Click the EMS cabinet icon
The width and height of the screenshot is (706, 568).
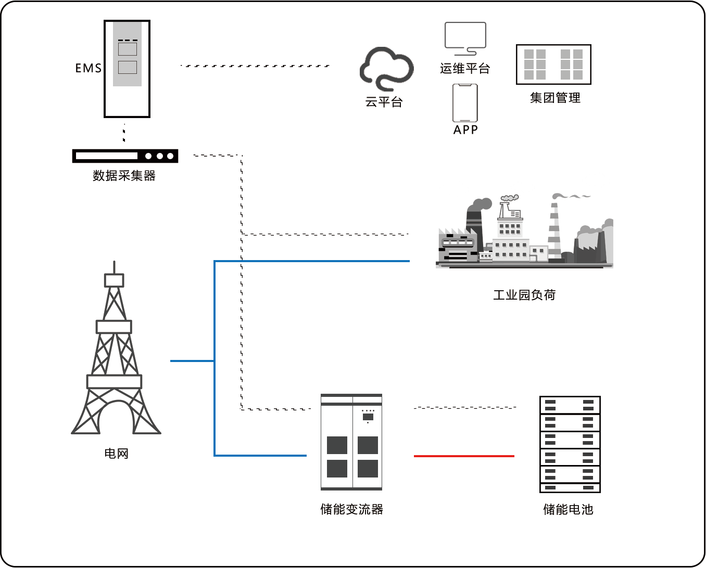[127, 69]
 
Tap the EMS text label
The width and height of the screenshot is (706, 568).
[88, 68]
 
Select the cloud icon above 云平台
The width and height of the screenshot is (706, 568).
[386, 68]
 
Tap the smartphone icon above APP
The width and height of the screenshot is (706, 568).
[465, 102]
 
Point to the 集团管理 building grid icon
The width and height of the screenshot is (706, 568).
[553, 64]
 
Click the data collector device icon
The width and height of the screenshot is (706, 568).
[125, 156]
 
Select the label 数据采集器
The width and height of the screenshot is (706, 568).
[124, 176]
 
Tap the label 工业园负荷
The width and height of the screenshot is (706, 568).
[524, 295]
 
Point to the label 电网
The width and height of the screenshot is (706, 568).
[116, 454]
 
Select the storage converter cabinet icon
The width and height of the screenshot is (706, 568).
[351, 442]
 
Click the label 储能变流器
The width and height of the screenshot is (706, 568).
[352, 509]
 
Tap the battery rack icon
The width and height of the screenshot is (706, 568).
[570, 444]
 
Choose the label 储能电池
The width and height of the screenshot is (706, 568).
[568, 509]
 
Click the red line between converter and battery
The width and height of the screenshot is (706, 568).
[464, 456]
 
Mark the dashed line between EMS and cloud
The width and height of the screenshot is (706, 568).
[255, 66]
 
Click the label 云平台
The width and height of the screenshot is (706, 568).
[384, 102]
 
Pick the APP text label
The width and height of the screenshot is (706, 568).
[465, 130]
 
